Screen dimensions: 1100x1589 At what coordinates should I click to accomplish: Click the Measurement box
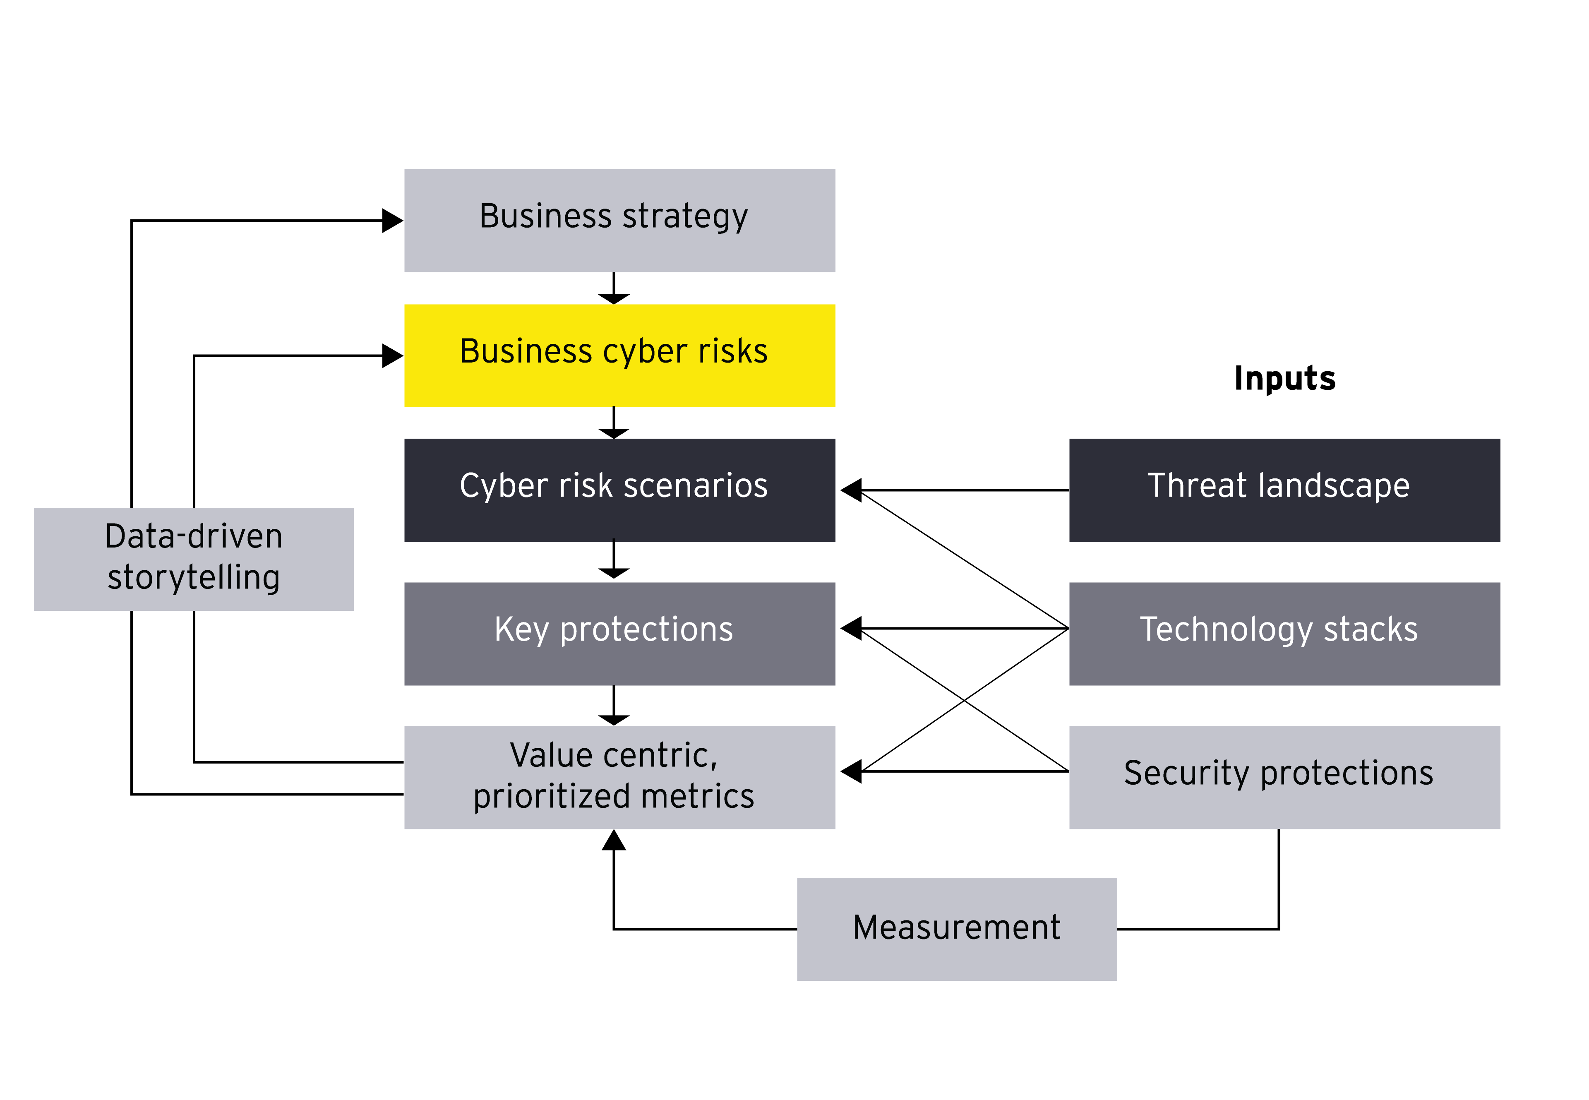[x=956, y=928]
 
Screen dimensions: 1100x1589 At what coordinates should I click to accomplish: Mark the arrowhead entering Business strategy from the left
[x=392, y=221]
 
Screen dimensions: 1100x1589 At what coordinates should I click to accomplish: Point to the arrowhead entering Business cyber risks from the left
[x=392, y=355]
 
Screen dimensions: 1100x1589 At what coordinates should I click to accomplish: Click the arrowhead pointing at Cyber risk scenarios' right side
[x=852, y=490]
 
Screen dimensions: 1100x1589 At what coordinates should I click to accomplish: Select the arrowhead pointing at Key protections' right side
[x=852, y=629]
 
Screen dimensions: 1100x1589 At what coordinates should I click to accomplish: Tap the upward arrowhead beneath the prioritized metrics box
[x=613, y=840]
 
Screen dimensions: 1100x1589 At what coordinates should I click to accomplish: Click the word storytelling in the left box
[x=194, y=578]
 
